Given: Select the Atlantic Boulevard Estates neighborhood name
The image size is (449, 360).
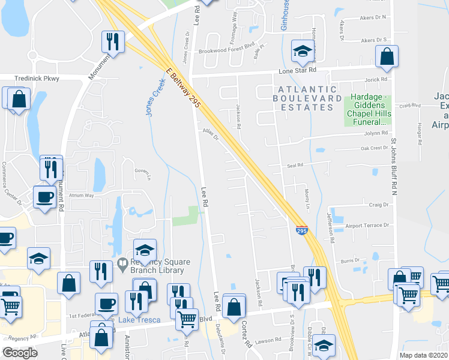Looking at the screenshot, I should point(303,98).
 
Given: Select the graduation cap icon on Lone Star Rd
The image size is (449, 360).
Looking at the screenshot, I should point(302,51).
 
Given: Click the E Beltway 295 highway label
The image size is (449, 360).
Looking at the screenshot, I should point(182,88).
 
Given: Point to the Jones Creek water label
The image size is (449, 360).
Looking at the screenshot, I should point(155,99).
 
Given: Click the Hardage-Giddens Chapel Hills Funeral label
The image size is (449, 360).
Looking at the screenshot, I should point(367,111).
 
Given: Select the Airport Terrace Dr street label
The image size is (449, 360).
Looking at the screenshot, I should point(367,226).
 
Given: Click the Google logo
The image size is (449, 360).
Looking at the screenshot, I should point(20,353).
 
